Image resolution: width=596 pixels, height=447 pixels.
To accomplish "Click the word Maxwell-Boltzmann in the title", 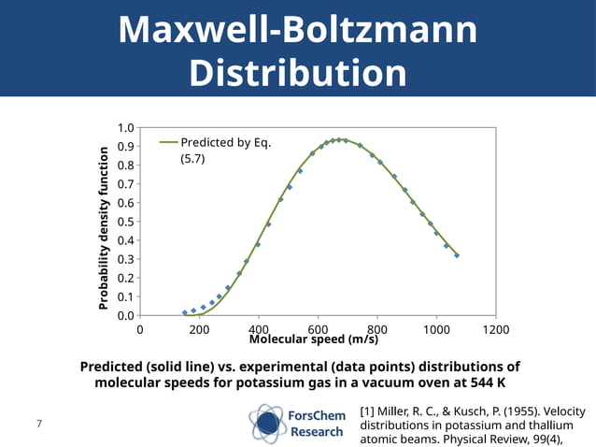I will point(297,30).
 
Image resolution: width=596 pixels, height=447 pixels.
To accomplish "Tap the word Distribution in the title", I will point(297,74).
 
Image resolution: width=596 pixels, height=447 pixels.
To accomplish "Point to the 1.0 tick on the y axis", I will point(124,128).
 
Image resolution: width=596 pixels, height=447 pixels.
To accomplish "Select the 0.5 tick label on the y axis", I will point(124,222).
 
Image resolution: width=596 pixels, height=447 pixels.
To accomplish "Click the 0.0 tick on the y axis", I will point(124,315).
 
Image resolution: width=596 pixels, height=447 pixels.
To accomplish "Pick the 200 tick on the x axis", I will point(198,329).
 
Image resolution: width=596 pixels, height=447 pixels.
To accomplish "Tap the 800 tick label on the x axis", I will point(378,329).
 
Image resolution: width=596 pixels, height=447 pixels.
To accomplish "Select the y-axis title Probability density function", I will point(105,227).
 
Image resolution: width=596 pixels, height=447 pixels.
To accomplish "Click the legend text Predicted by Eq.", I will point(225,142).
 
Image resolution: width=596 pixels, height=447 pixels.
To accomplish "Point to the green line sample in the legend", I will point(168,142).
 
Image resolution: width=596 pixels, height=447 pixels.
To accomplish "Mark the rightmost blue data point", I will point(457,254).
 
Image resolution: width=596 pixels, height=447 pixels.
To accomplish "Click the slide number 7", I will point(39,425).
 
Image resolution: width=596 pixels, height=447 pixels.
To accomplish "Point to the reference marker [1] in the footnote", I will point(367,411).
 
